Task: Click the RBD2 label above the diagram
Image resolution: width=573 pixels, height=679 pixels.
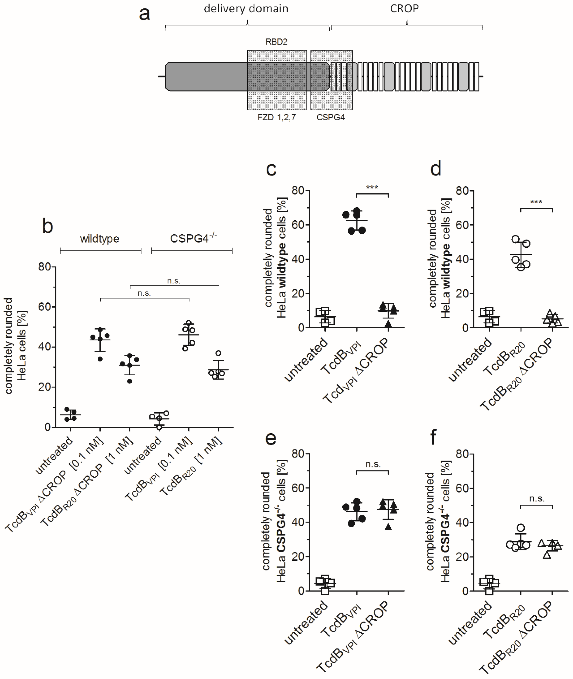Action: tap(276, 42)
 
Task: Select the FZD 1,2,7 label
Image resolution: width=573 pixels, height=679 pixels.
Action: tap(276, 117)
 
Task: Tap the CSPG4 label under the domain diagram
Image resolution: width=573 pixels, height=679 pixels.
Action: tap(331, 117)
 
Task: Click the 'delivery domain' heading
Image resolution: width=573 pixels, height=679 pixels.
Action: tap(246, 9)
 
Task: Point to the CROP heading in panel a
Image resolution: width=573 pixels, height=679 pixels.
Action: tap(404, 9)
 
